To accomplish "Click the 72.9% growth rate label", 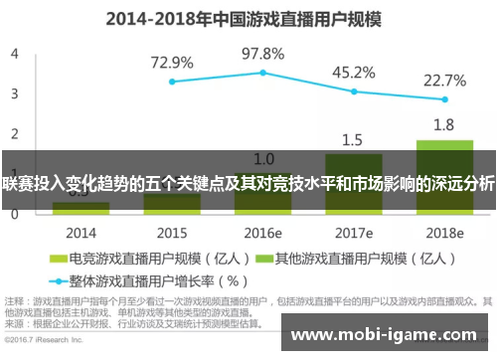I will [x=172, y=63].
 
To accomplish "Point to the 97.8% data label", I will [x=263, y=53].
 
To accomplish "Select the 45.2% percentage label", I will [x=354, y=72].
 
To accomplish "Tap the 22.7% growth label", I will [x=444, y=80].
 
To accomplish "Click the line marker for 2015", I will [x=172, y=82].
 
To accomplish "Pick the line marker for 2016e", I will [x=263, y=72].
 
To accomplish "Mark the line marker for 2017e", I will [x=354, y=90].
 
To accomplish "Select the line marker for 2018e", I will [x=444, y=99].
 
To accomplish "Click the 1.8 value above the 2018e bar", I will [x=444, y=125].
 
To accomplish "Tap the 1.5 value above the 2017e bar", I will [x=353, y=139].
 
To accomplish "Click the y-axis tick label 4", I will [x=15, y=54].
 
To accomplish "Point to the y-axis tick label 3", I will [x=15, y=93].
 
